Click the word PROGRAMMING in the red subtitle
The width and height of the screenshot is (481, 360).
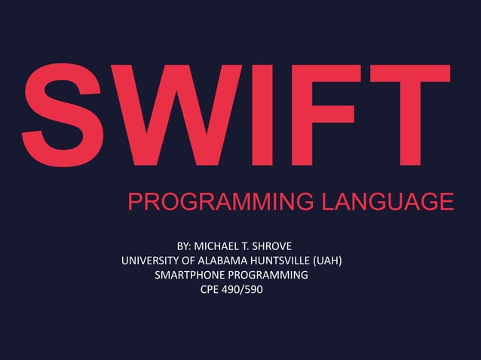[219, 202]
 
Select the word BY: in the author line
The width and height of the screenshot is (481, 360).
[184, 246]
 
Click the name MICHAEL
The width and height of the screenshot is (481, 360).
[218, 246]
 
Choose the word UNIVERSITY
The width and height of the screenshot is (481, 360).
[151, 261]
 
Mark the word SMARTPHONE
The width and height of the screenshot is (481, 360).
[188, 275]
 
